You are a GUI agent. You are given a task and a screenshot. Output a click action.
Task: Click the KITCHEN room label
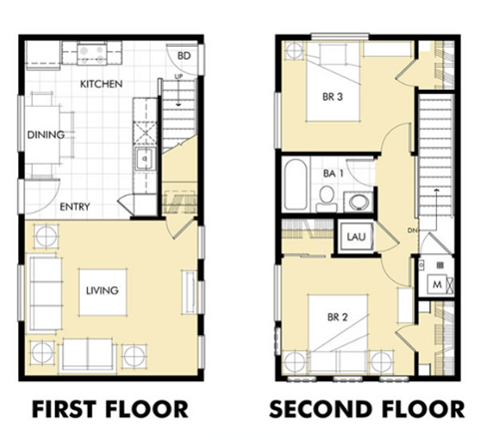click(x=101, y=84)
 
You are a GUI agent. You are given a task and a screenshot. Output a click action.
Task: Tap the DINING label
click(x=46, y=135)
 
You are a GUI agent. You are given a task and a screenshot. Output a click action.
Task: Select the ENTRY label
click(x=75, y=208)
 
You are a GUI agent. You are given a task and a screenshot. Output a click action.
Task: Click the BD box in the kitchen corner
click(x=185, y=55)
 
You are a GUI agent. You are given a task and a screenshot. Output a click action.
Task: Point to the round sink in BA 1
click(x=357, y=202)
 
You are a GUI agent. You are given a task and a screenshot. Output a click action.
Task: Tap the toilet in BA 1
click(x=326, y=201)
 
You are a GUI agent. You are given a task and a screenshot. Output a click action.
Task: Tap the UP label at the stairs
click(x=178, y=76)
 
